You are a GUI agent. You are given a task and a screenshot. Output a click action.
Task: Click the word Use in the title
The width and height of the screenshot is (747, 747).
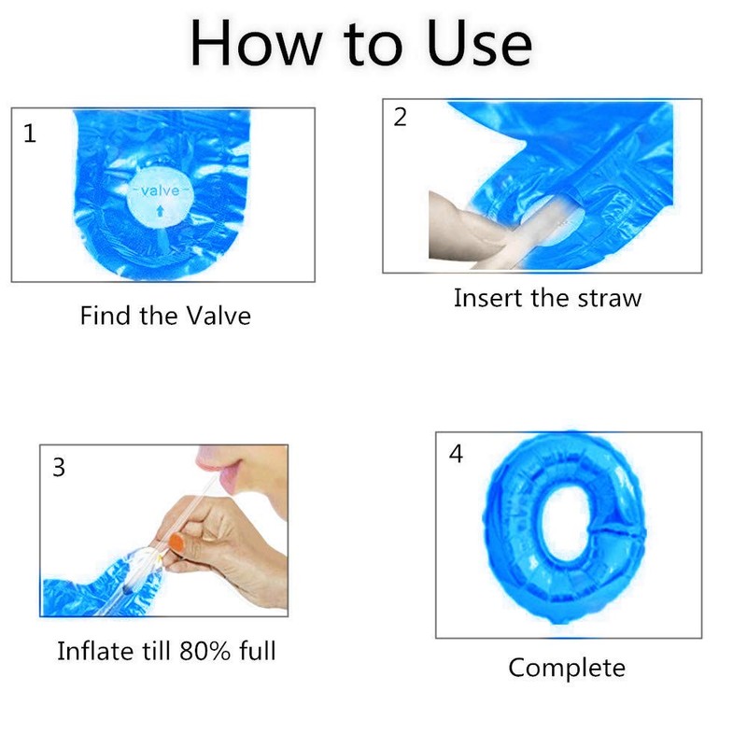point(479,44)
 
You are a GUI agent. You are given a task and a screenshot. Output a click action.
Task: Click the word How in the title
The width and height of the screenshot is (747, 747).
point(256,44)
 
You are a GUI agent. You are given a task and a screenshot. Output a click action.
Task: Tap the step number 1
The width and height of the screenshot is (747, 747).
point(30,134)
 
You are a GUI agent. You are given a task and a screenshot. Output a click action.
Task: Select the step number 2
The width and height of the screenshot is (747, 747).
point(401,118)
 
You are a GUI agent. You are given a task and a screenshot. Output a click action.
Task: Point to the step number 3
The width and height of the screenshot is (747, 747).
point(59,468)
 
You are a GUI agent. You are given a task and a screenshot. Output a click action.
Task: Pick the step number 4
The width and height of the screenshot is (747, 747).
point(456,454)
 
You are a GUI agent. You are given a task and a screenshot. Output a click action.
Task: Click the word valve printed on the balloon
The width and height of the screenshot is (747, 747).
point(160,191)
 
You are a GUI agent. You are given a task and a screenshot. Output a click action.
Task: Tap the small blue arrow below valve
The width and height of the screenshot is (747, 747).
point(160,211)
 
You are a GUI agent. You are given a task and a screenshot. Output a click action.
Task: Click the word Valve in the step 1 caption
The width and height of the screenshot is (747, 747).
point(218,316)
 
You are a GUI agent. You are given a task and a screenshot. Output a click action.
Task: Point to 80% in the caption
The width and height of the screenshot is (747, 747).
point(205,651)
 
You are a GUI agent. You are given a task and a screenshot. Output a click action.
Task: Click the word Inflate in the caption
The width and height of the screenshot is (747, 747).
point(94,651)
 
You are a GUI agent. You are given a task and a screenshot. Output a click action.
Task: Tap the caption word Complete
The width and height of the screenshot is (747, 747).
point(567,669)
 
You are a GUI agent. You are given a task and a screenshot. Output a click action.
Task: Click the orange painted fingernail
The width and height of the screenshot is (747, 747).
point(176,543)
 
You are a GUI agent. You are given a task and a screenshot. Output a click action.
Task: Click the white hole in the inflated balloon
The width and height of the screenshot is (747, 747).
point(565,524)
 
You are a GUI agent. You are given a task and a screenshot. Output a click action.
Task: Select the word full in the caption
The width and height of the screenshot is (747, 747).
point(258,651)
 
